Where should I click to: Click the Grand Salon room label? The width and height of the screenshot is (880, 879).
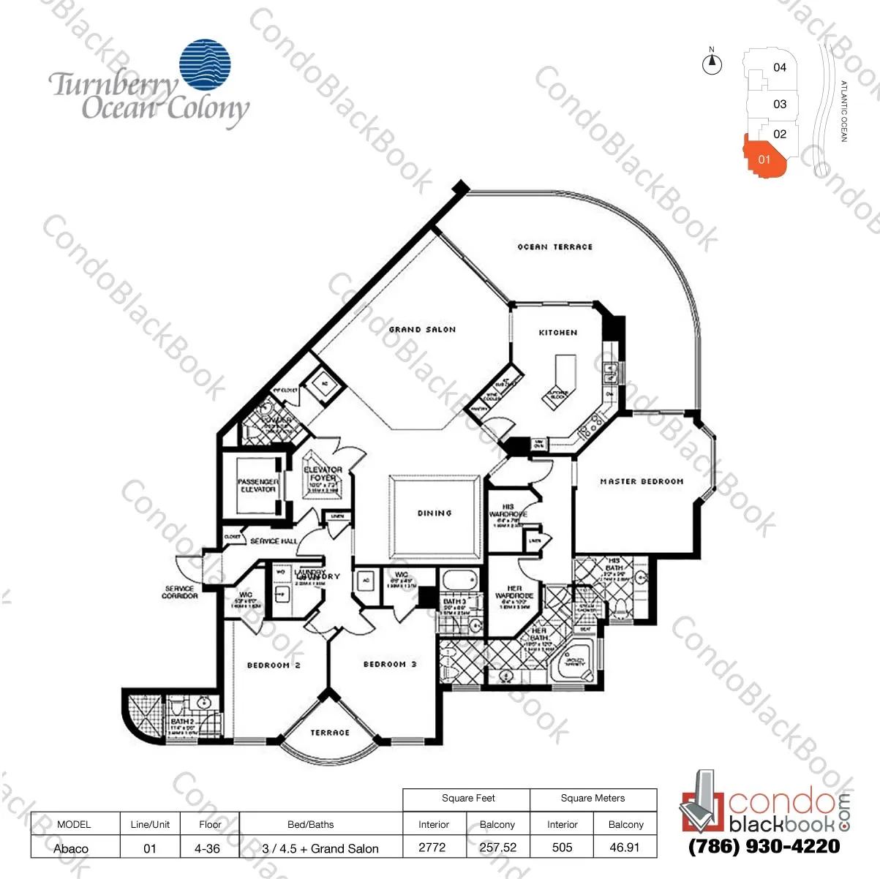(422, 330)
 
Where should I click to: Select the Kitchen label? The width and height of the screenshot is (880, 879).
(558, 333)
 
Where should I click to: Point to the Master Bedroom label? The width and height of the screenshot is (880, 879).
(642, 482)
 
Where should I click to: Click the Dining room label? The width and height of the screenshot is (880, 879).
(435, 513)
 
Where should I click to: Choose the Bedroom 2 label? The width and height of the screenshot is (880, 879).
(274, 665)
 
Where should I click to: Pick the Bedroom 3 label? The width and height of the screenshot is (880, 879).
(390, 665)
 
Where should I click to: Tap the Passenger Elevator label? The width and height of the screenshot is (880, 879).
(257, 486)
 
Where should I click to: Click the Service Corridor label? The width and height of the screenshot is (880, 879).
(180, 592)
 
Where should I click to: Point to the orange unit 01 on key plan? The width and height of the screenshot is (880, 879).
(764, 157)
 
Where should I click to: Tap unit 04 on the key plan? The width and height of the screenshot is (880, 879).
(780, 67)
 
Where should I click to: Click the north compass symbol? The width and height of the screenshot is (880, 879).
(712, 64)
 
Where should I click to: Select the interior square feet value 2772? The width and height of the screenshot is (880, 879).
(432, 848)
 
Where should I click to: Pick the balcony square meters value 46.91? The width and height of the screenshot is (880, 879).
(625, 848)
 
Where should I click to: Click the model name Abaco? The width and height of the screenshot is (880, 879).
(71, 848)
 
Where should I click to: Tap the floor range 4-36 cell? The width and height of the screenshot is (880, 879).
(207, 848)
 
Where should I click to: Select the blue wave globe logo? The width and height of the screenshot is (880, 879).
(205, 65)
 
